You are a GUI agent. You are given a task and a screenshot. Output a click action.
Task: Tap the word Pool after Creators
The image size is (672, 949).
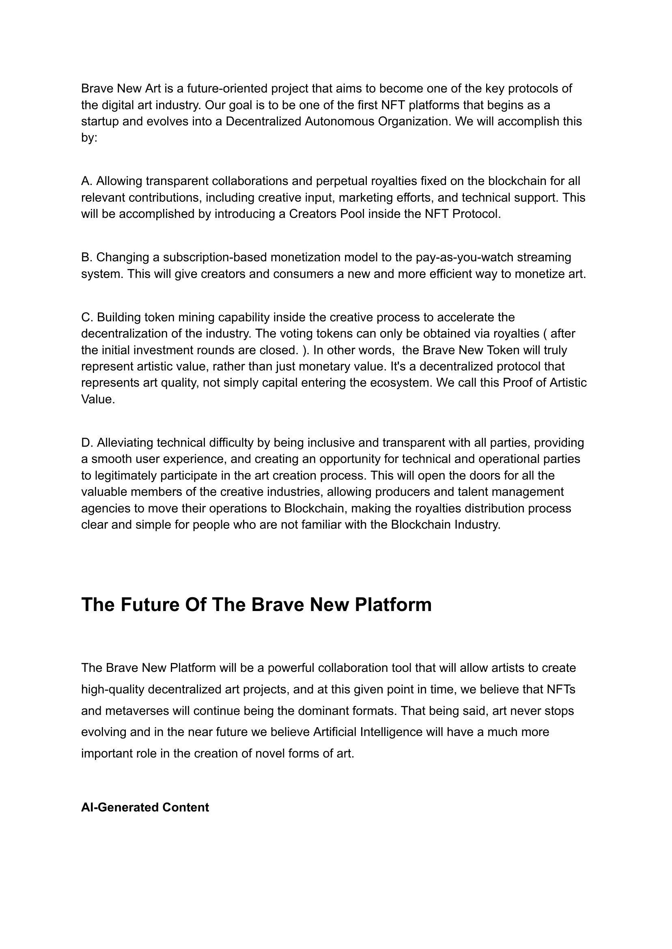[x=352, y=214]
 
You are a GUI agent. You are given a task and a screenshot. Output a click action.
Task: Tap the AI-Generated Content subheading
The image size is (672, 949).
[x=145, y=807]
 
